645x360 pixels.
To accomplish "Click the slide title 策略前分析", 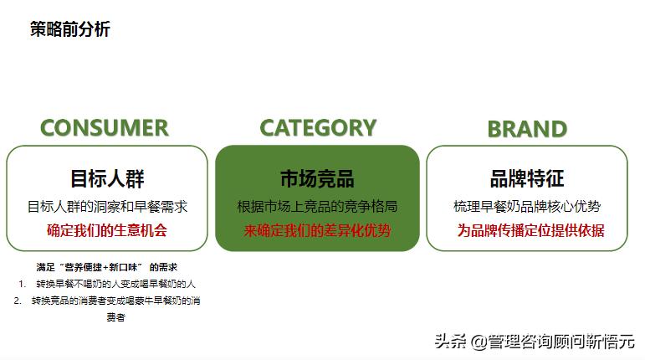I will coord(70,29).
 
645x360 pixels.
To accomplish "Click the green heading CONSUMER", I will coord(105,128).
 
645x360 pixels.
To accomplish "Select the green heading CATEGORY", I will coord(318,127).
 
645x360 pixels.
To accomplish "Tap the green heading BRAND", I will coord(527,129).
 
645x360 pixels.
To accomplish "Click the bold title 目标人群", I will coord(107,178).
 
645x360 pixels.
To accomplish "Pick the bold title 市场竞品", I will coord(317,178).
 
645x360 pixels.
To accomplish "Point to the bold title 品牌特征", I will coord(527,178).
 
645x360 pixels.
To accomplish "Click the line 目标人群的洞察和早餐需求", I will coord(107,206).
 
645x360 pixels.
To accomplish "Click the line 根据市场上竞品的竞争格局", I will coord(317,206).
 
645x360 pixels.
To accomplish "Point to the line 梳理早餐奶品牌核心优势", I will coord(527,206).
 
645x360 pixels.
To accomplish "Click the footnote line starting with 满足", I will coord(106,267).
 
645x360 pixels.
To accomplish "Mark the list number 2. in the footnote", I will coord(18,301).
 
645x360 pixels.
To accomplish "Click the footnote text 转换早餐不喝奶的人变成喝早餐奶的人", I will coord(115,284).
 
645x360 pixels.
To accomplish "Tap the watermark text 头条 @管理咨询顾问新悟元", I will coord(534,341).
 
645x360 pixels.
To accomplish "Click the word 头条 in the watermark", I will coord(448,341).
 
